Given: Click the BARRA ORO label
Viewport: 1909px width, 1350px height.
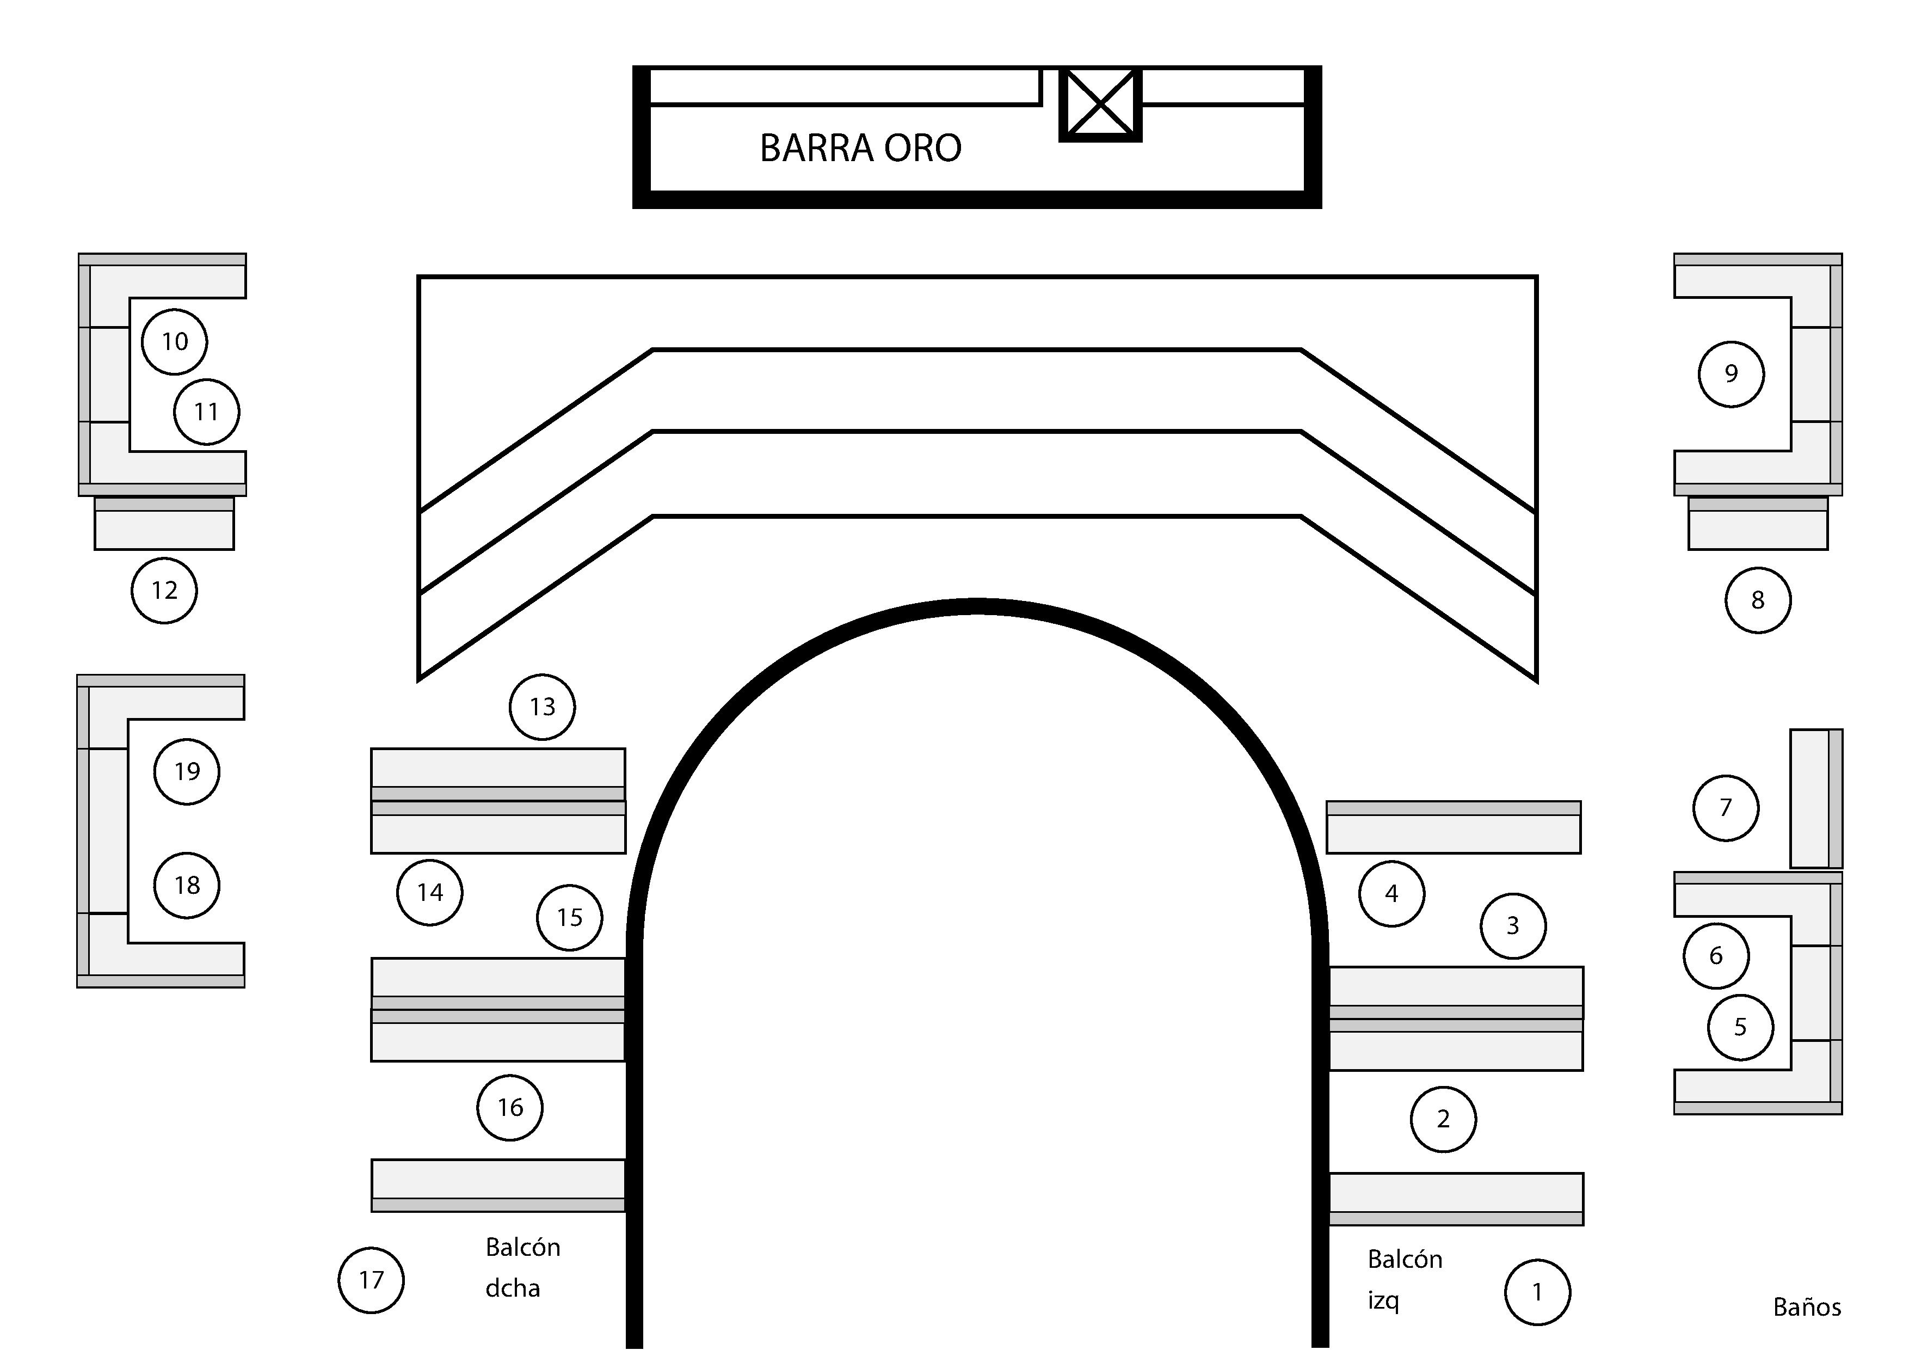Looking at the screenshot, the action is [x=860, y=148].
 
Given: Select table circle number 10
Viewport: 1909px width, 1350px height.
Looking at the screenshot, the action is [x=175, y=341].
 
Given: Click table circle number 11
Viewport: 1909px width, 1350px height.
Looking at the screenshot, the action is [x=207, y=412].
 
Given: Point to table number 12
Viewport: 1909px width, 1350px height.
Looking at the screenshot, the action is [x=165, y=591].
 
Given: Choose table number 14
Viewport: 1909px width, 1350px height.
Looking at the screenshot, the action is [x=430, y=893].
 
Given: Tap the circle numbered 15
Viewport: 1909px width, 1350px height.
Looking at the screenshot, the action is [x=570, y=917].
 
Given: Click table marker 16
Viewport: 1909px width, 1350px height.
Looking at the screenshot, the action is [x=510, y=1107].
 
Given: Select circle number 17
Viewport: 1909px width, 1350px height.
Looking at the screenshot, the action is [x=372, y=1280].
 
